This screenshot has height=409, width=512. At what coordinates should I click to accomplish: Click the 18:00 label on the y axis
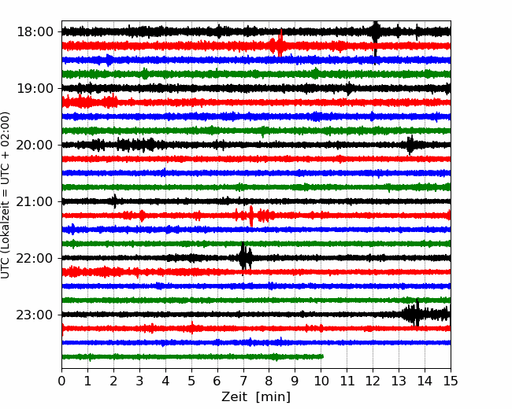(35, 32)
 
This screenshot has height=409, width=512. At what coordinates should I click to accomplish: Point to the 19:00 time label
(35, 88)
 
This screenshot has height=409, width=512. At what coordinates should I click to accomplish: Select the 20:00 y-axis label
(35, 145)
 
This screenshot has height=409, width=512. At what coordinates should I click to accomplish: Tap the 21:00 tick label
(35, 201)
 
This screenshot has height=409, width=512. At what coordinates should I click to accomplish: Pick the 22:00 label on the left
(35, 258)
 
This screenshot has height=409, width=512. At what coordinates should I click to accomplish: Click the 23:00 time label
(35, 315)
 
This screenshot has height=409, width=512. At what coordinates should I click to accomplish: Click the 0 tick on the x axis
(61, 381)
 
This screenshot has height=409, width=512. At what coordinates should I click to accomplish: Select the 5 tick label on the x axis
(191, 381)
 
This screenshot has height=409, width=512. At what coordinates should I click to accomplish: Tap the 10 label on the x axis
(321, 381)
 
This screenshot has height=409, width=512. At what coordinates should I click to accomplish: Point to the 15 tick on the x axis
(451, 381)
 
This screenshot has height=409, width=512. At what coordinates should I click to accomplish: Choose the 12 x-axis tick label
(373, 381)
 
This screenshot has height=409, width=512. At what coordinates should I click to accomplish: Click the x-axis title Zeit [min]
(256, 397)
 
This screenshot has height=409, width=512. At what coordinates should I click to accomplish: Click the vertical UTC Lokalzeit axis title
(6, 195)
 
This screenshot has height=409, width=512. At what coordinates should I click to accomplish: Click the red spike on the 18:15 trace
(280, 43)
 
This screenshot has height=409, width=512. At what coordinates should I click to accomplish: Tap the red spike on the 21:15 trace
(251, 216)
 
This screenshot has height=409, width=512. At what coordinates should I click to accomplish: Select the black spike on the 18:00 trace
(376, 36)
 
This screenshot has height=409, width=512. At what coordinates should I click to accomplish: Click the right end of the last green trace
(323, 356)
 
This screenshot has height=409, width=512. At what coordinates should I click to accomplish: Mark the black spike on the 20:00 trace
(410, 145)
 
